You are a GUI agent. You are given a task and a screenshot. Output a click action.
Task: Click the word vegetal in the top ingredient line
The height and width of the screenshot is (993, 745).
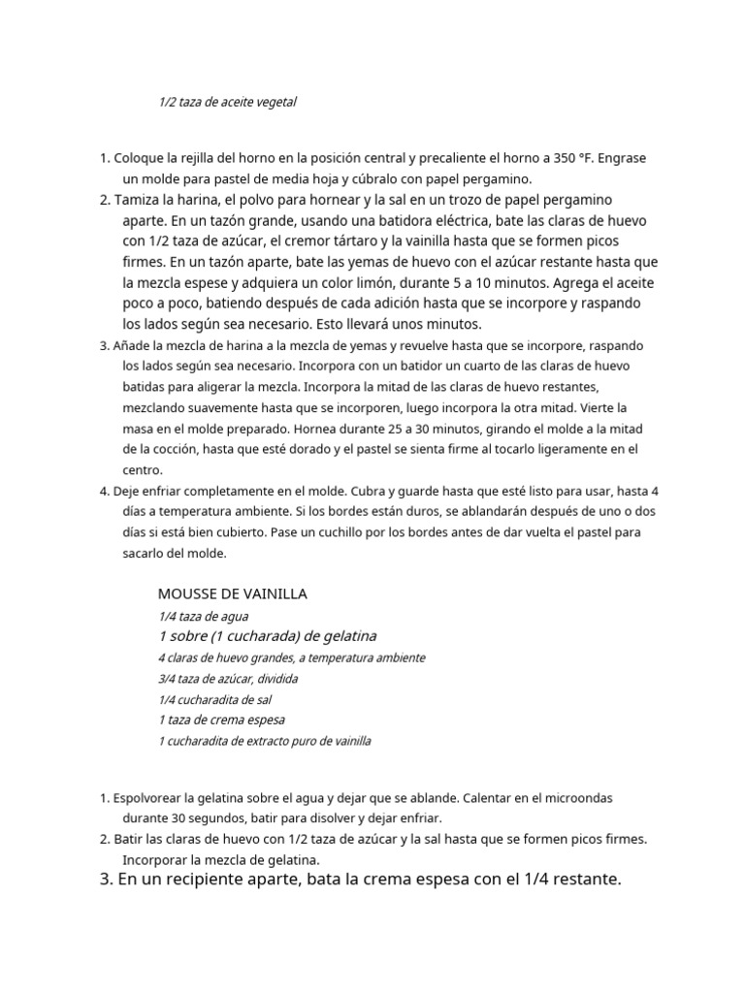pos(274,102)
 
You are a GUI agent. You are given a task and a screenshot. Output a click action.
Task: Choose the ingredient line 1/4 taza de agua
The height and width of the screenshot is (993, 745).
pos(203,616)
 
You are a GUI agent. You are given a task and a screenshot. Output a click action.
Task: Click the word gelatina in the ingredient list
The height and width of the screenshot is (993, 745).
pos(343,636)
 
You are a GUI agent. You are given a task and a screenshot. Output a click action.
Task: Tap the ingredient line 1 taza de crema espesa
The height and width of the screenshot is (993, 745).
pos(221,721)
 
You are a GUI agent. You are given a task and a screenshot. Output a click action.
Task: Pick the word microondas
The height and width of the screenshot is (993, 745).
pos(576,798)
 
